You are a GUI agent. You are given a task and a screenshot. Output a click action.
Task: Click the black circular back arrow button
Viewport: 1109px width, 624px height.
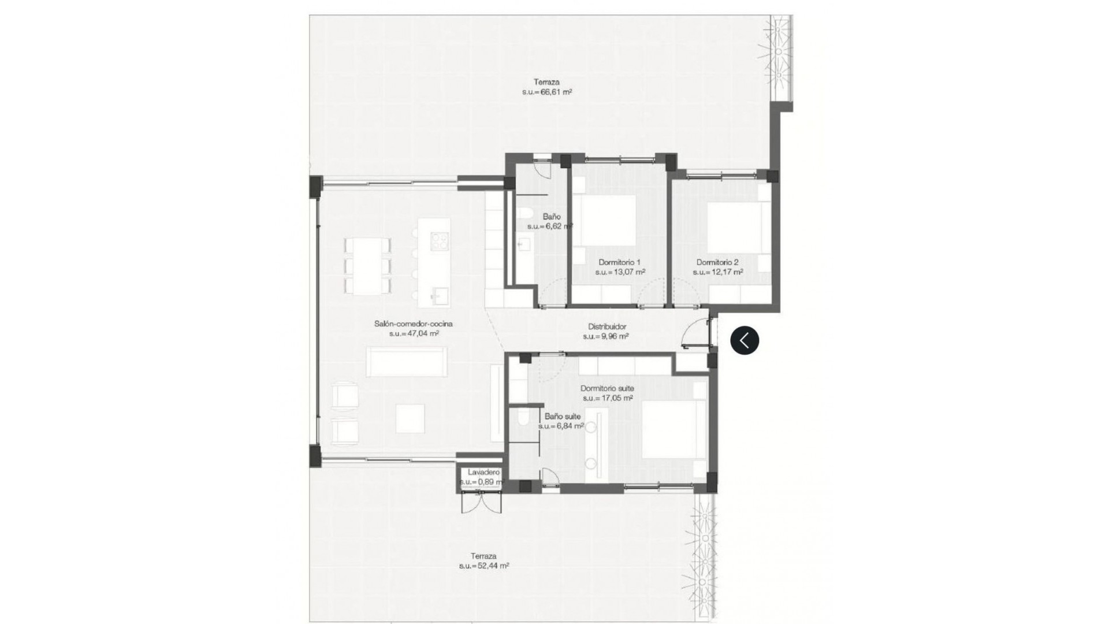pyautogui.click(x=745, y=340)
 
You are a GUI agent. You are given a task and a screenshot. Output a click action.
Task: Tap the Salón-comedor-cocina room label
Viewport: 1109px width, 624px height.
pyautogui.click(x=413, y=324)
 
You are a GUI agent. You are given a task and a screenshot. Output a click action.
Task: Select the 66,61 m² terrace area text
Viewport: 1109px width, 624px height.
pyautogui.click(x=546, y=92)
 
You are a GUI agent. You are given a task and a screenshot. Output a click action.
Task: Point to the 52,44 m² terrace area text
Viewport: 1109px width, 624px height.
pyautogui.click(x=484, y=566)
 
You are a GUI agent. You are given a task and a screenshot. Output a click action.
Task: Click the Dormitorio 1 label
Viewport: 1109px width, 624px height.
pyautogui.click(x=619, y=262)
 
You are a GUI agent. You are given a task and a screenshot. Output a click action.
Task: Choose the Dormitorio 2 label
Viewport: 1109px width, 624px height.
pyautogui.click(x=717, y=262)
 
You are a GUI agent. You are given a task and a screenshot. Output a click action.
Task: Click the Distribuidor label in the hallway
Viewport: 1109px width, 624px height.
pyautogui.click(x=607, y=326)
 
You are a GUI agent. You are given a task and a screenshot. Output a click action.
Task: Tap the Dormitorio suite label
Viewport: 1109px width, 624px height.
pyautogui.click(x=607, y=389)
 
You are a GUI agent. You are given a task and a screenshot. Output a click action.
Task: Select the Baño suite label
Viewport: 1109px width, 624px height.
pyautogui.click(x=563, y=416)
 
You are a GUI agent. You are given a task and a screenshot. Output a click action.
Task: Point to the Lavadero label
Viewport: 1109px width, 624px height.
pyautogui.click(x=483, y=472)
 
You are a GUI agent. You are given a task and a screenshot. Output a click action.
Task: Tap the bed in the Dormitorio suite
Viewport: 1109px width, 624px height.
pyautogui.click(x=673, y=429)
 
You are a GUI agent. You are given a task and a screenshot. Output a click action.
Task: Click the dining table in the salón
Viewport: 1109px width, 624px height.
pyautogui.click(x=367, y=266)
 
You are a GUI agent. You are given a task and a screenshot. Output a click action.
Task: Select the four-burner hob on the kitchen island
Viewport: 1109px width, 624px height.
pyautogui.click(x=440, y=240)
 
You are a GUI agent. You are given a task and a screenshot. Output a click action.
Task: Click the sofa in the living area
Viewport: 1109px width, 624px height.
pyautogui.click(x=407, y=362)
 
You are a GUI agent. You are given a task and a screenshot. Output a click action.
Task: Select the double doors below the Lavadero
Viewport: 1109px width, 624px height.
pyautogui.click(x=482, y=503)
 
